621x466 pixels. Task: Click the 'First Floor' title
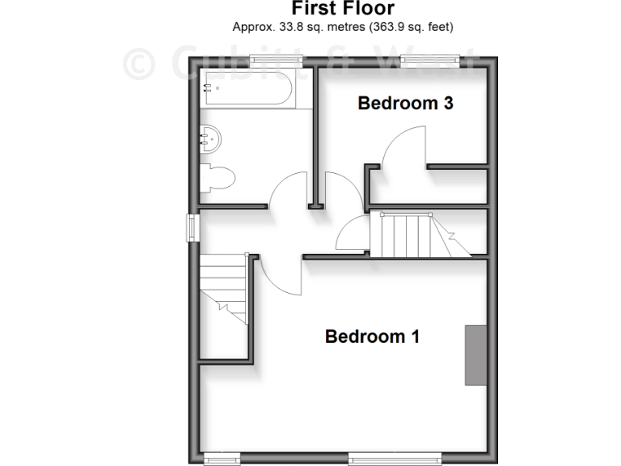(x=342, y=9)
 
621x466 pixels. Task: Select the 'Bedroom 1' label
(x=372, y=336)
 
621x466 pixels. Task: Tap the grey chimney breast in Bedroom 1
(x=475, y=354)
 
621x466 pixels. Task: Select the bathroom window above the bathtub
(x=271, y=59)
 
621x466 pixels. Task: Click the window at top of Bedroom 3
(x=430, y=59)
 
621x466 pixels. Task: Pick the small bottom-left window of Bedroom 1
(x=222, y=459)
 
